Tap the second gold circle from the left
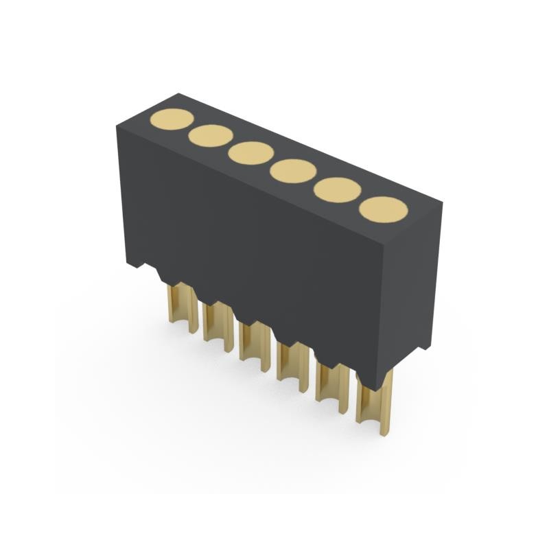coord(211,136)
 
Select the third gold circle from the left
coord(251,153)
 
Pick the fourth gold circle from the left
coord(293,171)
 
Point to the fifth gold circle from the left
coord(338,189)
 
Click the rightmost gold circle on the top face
coord(384,209)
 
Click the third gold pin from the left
coord(254,343)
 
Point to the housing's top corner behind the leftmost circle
coord(178,94)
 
